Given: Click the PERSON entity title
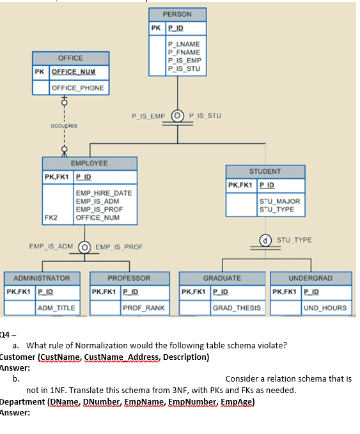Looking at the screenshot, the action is tap(177, 15).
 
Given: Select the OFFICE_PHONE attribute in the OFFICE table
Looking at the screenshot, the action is tap(78, 88).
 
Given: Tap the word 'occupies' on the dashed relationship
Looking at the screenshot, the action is tap(64, 125).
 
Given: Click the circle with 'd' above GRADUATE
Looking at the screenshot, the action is tap(265, 240).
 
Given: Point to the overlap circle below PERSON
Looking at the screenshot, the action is tap(178, 116).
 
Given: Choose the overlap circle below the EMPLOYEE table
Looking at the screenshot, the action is tap(84, 247).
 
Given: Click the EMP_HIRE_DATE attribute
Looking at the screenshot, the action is tap(104, 193).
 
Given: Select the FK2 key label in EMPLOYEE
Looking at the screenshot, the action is tap(51, 217).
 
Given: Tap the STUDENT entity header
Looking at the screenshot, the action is tap(265, 171).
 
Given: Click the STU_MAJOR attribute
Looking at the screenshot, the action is tap(279, 201).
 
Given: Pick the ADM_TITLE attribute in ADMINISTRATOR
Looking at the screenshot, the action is tap(56, 308).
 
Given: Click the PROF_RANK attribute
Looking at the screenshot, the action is tap(144, 308).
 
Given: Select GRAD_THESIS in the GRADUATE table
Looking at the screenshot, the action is tap(237, 308).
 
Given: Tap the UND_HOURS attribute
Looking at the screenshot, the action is tap(325, 308).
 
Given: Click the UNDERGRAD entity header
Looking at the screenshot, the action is tap(311, 278).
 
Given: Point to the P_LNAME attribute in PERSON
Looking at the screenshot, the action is tap(184, 44).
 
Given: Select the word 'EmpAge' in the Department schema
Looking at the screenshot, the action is tap(236, 401).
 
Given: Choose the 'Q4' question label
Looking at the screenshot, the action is tap(5, 335).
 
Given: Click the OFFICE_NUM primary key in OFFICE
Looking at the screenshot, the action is tap(74, 72).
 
